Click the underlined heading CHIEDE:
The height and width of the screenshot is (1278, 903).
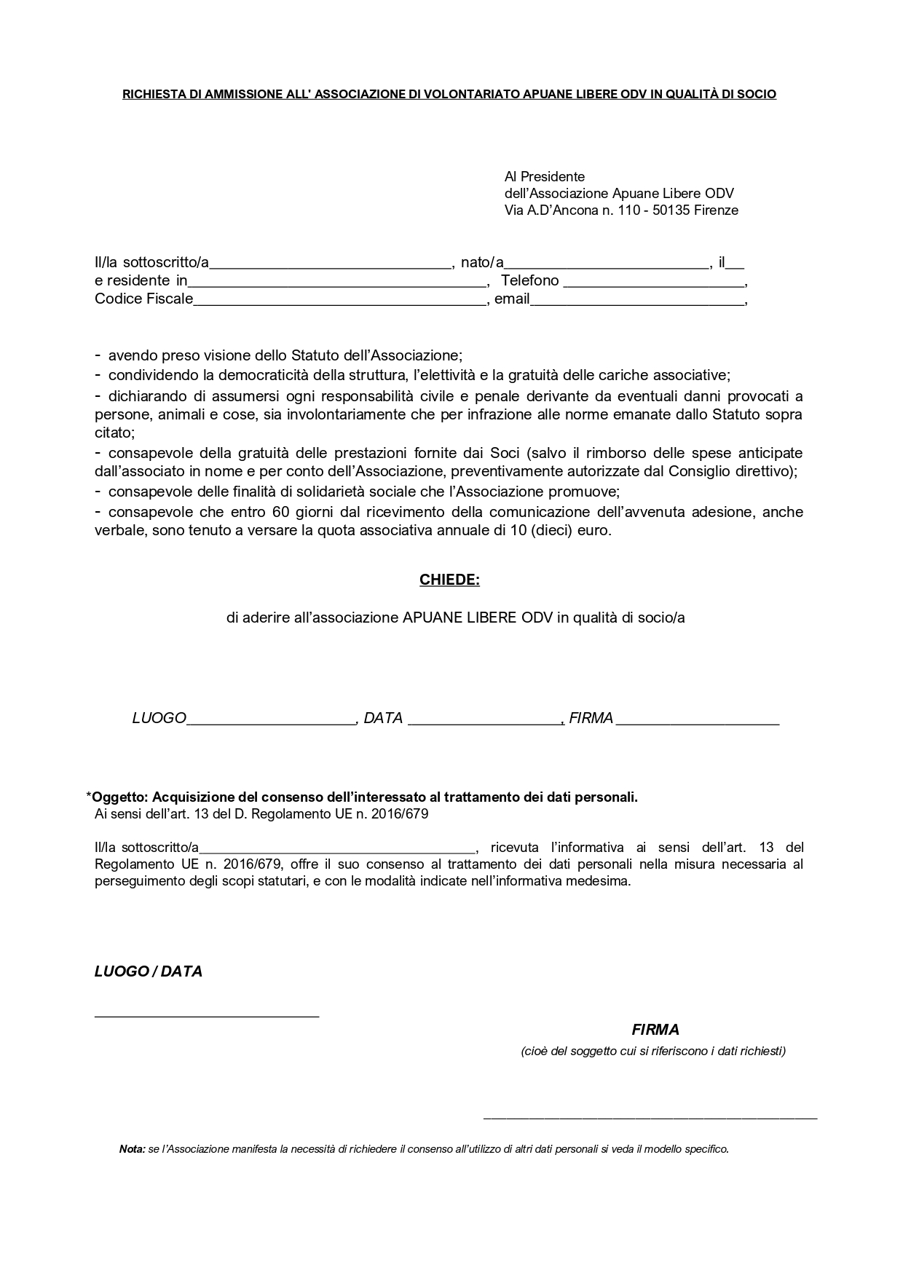pos(449,580)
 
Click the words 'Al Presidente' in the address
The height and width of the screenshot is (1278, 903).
pos(545,176)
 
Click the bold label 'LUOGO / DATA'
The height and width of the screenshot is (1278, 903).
pos(149,971)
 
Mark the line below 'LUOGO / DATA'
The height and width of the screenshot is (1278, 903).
pos(207,1014)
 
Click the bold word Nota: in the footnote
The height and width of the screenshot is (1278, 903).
pos(132,1149)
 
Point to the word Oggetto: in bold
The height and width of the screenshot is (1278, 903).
pos(121,797)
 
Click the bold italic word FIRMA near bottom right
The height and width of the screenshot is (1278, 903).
pos(655,1030)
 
